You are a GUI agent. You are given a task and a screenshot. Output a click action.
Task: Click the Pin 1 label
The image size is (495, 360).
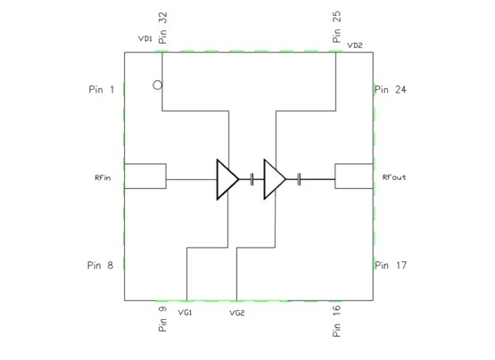point(101,89)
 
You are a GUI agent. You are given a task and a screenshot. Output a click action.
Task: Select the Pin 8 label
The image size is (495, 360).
point(101,265)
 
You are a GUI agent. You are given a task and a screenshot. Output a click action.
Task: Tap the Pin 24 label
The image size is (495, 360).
point(392,89)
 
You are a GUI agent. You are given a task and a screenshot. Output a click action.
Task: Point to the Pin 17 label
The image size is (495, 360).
point(392,265)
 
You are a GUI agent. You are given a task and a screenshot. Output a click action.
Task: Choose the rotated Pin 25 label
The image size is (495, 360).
point(336,29)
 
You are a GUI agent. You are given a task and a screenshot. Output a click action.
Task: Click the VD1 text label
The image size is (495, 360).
point(144,39)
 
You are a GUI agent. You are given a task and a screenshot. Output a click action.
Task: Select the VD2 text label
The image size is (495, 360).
point(354,45)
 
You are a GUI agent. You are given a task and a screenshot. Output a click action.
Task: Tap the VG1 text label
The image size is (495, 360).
point(186,313)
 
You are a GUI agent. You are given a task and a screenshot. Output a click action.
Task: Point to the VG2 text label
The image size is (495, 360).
point(236,313)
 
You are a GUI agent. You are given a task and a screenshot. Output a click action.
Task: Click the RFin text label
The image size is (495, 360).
point(103,177)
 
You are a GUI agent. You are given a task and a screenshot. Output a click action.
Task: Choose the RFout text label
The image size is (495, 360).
point(394,177)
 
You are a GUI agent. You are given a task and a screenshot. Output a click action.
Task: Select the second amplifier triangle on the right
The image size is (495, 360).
point(274,179)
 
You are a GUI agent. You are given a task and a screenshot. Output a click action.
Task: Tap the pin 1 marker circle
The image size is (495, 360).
point(157,86)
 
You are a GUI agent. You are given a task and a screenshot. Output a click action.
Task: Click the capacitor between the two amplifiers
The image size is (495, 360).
point(252,179)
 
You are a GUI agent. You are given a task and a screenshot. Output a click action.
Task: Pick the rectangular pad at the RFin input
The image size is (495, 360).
point(144,176)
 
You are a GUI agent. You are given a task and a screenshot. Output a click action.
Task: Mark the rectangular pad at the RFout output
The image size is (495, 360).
point(353,176)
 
